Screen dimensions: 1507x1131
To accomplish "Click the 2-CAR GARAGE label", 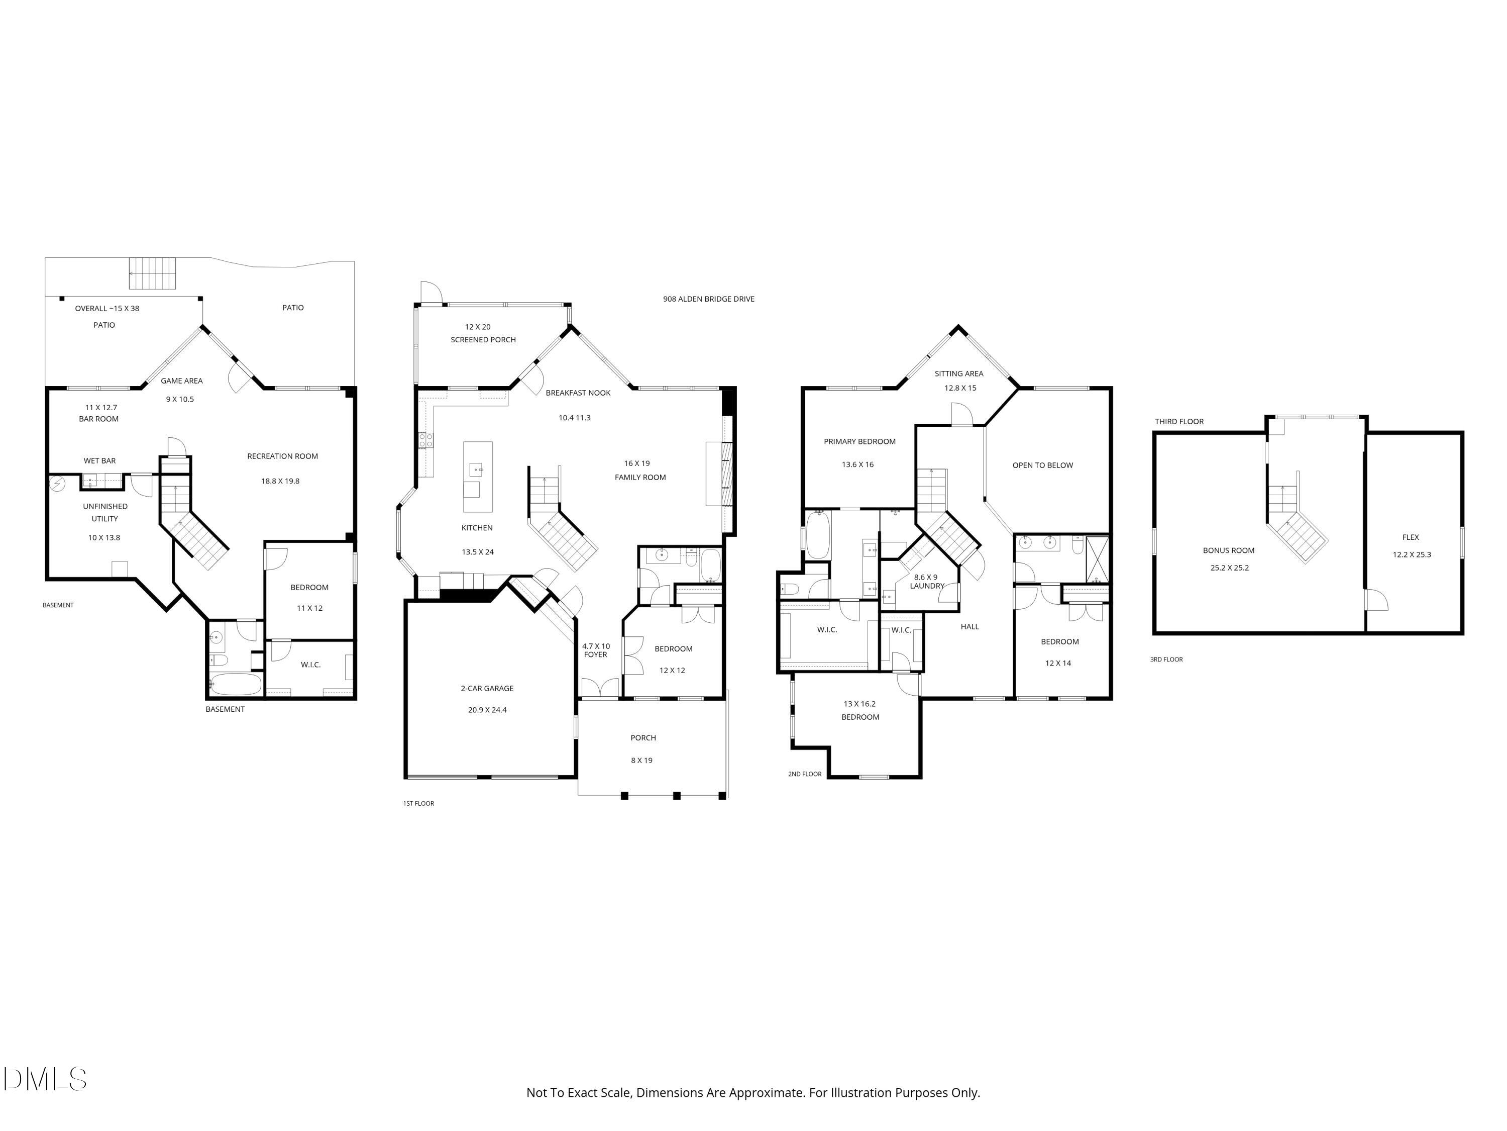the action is [487, 689].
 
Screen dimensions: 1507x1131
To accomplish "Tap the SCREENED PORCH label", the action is [483, 339].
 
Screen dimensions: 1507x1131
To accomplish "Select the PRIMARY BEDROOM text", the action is [860, 442].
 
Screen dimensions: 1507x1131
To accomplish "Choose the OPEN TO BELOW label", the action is [1042, 465].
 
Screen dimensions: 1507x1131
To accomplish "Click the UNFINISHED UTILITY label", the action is [105, 513].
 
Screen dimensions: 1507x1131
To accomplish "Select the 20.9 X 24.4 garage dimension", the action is [487, 710].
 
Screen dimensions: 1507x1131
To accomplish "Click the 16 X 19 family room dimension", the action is [637, 463].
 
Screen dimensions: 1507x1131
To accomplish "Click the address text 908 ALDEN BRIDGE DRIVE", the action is [708, 299].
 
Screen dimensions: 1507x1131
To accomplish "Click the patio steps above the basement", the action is [153, 273].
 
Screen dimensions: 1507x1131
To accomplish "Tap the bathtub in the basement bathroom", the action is [235, 684].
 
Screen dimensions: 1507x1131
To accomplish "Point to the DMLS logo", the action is [45, 1079].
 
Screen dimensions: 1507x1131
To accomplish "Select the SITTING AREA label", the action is [958, 373].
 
